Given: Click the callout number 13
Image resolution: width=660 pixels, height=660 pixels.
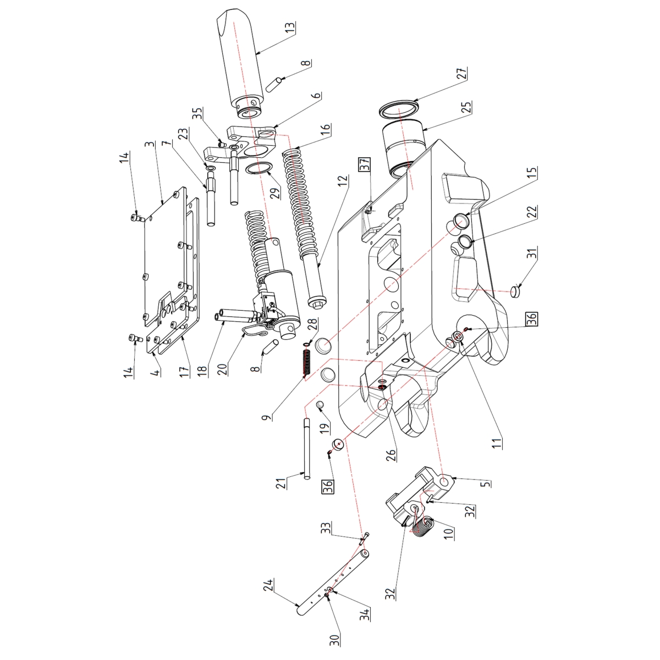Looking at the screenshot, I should point(290,28).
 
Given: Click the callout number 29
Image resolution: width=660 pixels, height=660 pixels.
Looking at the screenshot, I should point(274,191).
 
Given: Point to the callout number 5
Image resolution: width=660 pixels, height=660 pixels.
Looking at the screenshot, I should point(486,483).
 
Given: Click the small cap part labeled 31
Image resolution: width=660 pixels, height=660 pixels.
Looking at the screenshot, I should point(515,290).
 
